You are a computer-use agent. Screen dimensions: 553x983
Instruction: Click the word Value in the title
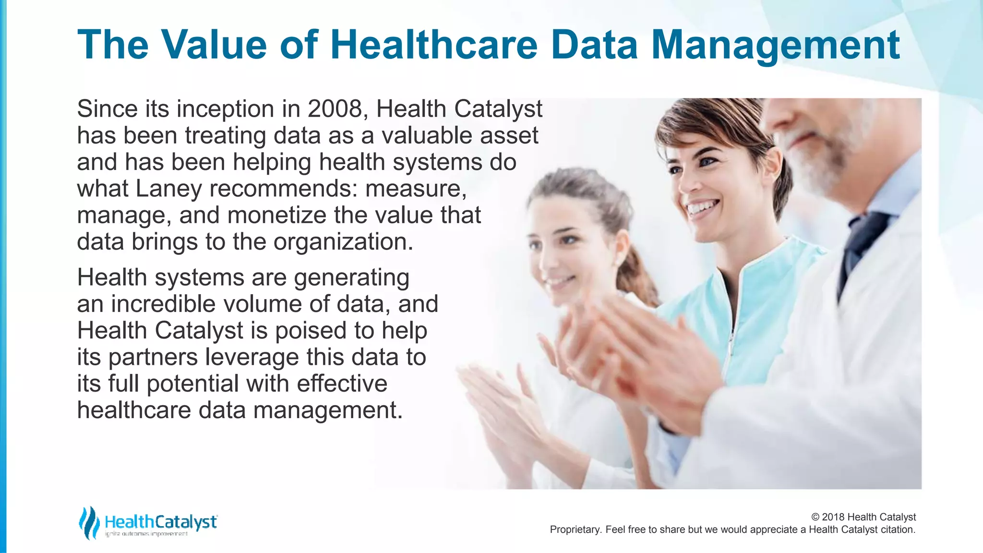[x=214, y=45]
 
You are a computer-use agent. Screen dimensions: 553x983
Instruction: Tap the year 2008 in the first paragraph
[x=335, y=109]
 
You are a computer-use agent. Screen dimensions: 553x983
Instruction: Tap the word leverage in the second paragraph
[x=252, y=357]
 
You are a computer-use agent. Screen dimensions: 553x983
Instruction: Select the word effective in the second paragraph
[x=342, y=384]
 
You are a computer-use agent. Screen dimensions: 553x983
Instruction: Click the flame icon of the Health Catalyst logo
[x=89, y=522]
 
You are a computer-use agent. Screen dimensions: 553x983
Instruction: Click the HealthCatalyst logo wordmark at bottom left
[x=161, y=522]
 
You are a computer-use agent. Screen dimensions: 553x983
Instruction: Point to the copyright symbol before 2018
[x=815, y=517]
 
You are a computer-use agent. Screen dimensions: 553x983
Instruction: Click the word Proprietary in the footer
[x=575, y=529]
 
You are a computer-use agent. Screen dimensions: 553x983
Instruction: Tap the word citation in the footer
[x=898, y=529]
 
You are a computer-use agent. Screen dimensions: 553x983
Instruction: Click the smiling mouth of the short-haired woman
[x=702, y=207]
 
